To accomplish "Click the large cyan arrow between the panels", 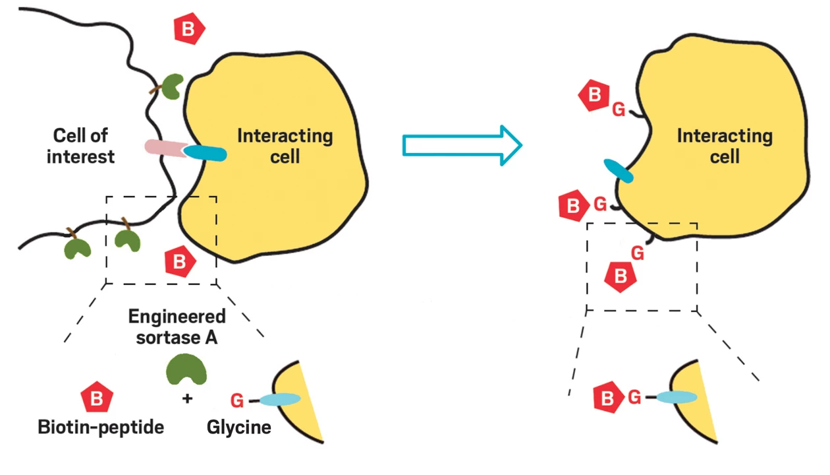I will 461,145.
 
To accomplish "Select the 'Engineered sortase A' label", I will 177,326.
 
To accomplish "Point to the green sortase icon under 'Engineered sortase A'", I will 186,368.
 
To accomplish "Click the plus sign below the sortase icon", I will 187,398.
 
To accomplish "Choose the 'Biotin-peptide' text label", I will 100,427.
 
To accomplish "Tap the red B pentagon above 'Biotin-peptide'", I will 96,398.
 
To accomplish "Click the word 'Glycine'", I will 238,427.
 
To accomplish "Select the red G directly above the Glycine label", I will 238,400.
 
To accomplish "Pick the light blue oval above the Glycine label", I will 279,399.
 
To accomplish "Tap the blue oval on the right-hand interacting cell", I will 619,170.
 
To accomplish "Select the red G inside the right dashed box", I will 637,252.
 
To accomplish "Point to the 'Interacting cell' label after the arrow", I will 725,146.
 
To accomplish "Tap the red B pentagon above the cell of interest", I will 189,28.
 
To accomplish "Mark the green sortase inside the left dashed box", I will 128,240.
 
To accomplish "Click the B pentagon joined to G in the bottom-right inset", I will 609,398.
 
